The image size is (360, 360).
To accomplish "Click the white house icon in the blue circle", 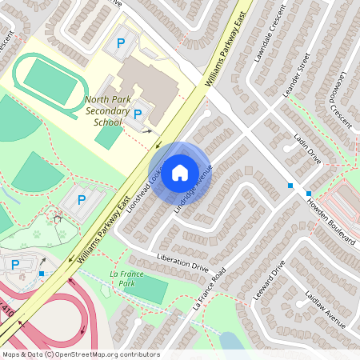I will [x=180, y=172].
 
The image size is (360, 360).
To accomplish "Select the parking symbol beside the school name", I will [x=138, y=114].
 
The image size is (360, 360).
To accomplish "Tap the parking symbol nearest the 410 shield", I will [x=14, y=265].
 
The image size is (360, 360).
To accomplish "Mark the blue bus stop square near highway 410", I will [x=41, y=274].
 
